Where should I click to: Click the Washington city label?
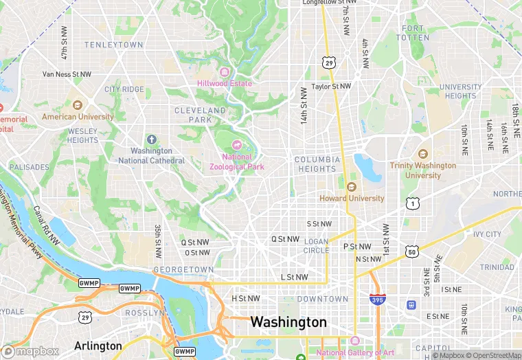click(288, 322)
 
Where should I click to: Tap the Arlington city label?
click(98, 346)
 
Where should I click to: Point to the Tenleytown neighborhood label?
click(114, 45)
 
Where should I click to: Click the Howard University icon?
click(352, 187)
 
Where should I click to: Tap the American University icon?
click(78, 105)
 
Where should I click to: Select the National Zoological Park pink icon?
click(237, 144)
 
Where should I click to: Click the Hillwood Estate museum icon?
click(225, 72)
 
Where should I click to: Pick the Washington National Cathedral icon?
click(151, 139)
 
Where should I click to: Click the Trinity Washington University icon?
click(422, 153)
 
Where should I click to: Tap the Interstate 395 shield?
click(377, 299)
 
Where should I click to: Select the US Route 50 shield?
click(411, 252)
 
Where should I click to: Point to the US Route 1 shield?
click(411, 203)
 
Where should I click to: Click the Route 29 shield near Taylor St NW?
click(330, 63)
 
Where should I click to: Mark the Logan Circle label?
click(316, 246)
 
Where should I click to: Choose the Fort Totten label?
click(413, 32)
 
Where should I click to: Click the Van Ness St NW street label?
click(67, 74)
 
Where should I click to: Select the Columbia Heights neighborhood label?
click(317, 164)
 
